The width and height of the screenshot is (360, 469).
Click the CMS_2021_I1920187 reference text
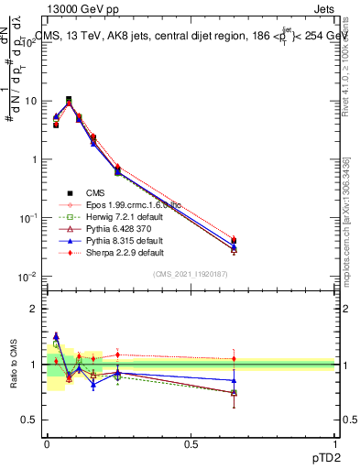191,274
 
